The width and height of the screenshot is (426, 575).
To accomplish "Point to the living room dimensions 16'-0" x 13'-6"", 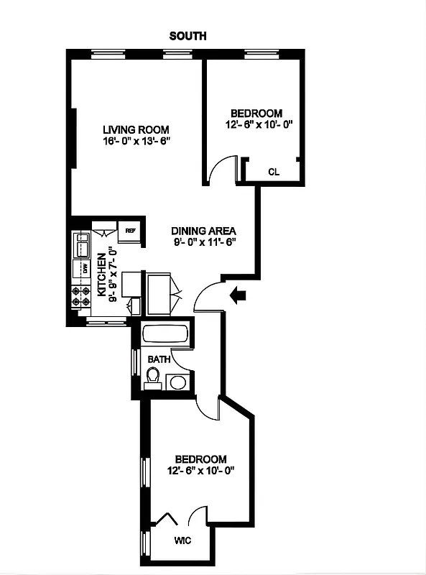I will click(x=134, y=142).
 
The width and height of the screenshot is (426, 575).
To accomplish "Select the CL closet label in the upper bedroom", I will click(x=273, y=172).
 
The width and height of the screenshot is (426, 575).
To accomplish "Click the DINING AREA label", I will click(x=204, y=231).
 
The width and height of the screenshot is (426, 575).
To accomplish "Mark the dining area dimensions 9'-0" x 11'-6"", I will click(x=204, y=242).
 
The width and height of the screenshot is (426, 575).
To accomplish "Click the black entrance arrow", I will click(x=238, y=294).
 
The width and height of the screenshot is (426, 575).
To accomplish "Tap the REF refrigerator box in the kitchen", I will click(x=130, y=231).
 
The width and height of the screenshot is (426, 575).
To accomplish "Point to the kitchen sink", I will click(x=80, y=244).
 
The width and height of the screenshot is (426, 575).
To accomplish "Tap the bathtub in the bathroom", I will click(x=165, y=335).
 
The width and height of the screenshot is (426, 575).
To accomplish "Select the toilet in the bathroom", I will click(x=152, y=377).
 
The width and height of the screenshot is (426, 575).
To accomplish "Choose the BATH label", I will click(x=159, y=358).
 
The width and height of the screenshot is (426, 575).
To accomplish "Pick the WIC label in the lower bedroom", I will click(x=184, y=541).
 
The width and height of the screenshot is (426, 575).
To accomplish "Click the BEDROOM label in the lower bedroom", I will click(x=201, y=459).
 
